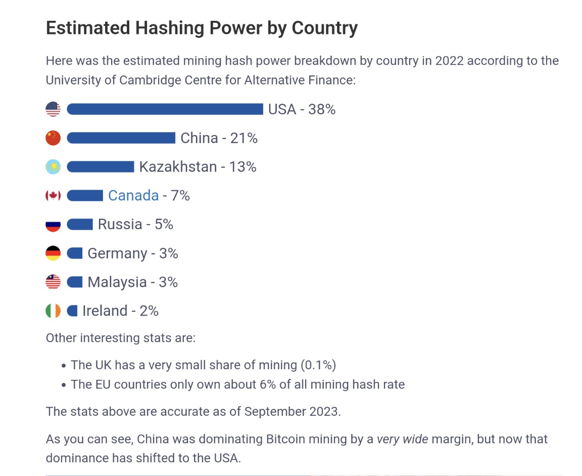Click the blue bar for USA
[165, 109]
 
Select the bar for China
[121, 138]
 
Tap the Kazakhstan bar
[100, 167]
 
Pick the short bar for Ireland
[72, 311]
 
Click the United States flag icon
[53, 109]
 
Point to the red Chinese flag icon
[53, 138]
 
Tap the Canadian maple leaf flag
[53, 196]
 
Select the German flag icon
[53, 253]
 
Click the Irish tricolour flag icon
[53, 311]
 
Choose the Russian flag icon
[53, 225]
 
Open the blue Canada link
[133, 196]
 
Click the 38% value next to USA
[322, 109]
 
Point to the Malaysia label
[117, 282]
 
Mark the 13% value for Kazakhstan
[243, 167]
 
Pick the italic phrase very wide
[402, 439]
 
